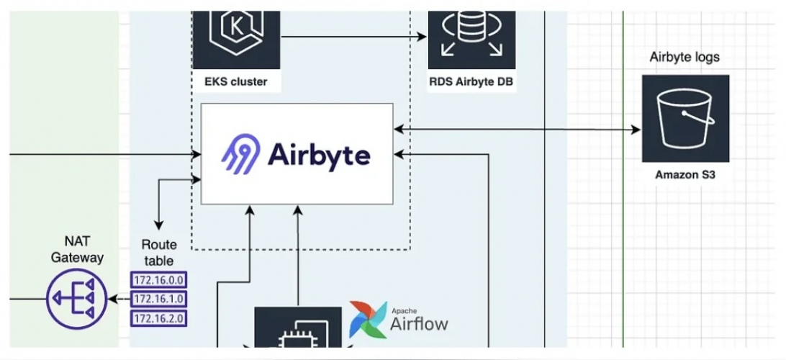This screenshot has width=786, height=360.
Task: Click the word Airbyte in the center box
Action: pos(319,155)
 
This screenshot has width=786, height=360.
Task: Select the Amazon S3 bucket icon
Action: pos(685,118)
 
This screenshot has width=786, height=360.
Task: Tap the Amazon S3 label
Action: pos(685,174)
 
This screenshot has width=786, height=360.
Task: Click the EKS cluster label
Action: pos(236,81)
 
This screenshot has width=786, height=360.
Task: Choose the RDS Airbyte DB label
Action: pos(471,81)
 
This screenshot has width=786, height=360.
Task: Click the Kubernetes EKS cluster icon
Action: pos(236,32)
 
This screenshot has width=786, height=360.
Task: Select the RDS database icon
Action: pos(471,32)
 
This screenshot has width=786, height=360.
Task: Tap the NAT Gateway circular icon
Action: pos(76,298)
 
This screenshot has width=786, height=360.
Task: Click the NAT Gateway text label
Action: pos(77,250)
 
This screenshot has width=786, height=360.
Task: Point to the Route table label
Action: pos(158,253)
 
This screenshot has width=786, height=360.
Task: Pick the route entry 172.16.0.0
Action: pos(158,279)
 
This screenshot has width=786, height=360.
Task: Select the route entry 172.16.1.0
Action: pos(158,299)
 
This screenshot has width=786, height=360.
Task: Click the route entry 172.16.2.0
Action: pos(158,318)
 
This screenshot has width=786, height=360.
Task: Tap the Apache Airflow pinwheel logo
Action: pos(366,320)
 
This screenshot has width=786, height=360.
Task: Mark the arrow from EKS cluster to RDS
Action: pos(353,37)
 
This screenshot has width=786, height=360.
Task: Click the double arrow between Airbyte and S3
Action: pos(517,130)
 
